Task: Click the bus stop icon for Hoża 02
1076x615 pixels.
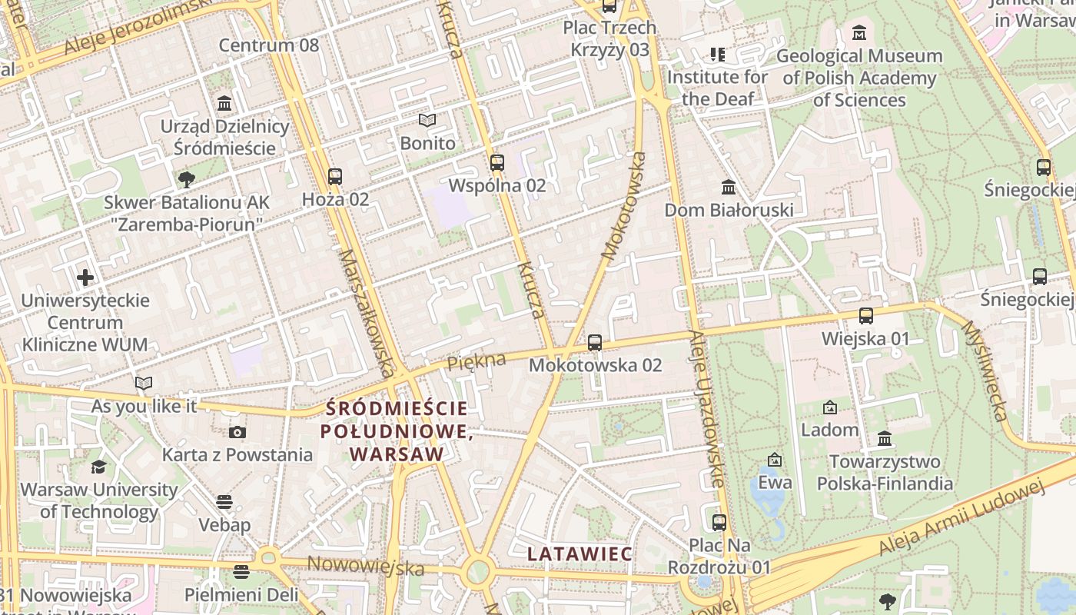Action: point(334,176)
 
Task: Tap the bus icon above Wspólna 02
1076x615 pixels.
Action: point(497,162)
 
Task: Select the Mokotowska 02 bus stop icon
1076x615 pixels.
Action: point(595,342)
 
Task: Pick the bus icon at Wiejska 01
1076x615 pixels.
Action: point(866,315)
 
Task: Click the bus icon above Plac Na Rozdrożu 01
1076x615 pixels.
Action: point(719,523)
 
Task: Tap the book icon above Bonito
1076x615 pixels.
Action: point(427,120)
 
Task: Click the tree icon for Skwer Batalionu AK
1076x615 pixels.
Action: point(186,180)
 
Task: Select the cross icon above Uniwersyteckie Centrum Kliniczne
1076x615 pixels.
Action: point(85,277)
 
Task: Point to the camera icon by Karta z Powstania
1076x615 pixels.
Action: point(237,432)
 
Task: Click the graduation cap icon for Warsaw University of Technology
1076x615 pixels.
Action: point(98,467)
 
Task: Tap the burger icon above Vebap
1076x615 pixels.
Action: point(224,502)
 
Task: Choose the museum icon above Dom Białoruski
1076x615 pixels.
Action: point(729,187)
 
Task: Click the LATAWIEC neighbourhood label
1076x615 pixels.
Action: point(580,553)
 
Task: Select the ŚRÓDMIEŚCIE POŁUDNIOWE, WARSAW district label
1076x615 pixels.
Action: point(396,431)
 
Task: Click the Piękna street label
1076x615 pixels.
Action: point(477,361)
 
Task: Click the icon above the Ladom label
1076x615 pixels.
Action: point(830,407)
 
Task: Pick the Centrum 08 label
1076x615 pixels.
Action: point(268,45)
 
